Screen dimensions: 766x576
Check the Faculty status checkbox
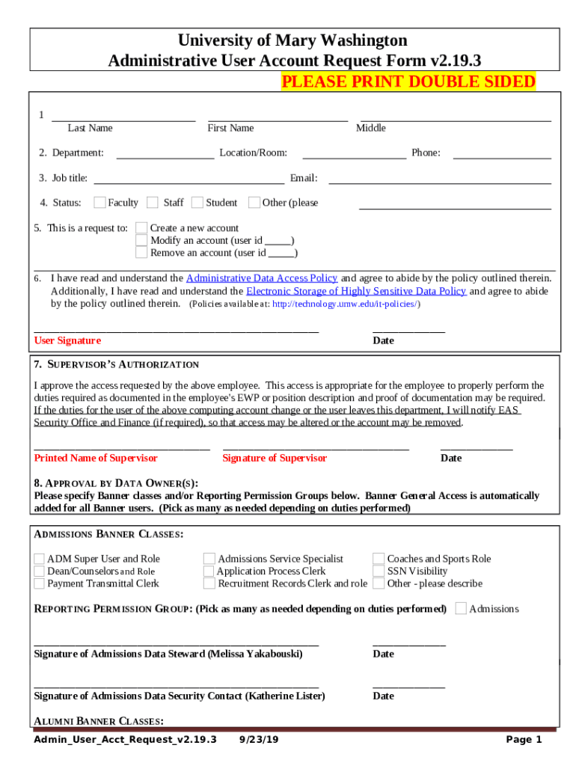(x=99, y=202)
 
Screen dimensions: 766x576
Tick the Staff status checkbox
(x=153, y=202)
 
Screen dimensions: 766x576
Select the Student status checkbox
(x=197, y=202)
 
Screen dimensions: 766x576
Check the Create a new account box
(x=141, y=228)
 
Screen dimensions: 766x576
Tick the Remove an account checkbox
(x=141, y=253)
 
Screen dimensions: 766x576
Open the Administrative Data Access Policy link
(x=262, y=278)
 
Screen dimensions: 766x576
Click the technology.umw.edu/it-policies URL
(x=345, y=304)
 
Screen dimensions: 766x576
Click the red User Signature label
(x=67, y=340)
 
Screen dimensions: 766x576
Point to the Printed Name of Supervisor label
(x=96, y=458)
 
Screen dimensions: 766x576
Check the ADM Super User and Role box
(x=39, y=559)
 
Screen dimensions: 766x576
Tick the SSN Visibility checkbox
(x=379, y=571)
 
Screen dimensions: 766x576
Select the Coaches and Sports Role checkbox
(x=379, y=559)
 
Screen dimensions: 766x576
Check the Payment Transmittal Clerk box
(x=39, y=583)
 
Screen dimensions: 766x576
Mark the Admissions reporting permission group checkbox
(x=461, y=608)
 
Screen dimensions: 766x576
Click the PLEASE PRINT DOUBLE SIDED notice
(x=408, y=82)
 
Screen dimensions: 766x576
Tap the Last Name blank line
(x=123, y=119)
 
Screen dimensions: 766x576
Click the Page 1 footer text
(x=524, y=740)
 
